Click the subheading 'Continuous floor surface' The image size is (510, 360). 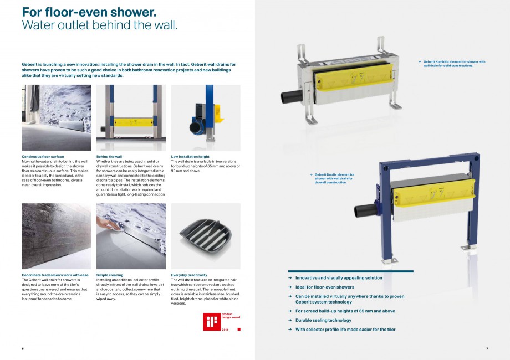click(x=43, y=157)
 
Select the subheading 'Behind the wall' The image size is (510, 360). click(x=109, y=157)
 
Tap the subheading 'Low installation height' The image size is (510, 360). click(x=190, y=157)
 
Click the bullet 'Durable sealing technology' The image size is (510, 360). click(x=323, y=320)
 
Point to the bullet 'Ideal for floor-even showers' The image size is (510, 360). click(x=325, y=287)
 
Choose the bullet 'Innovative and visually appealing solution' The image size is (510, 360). click(x=339, y=278)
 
